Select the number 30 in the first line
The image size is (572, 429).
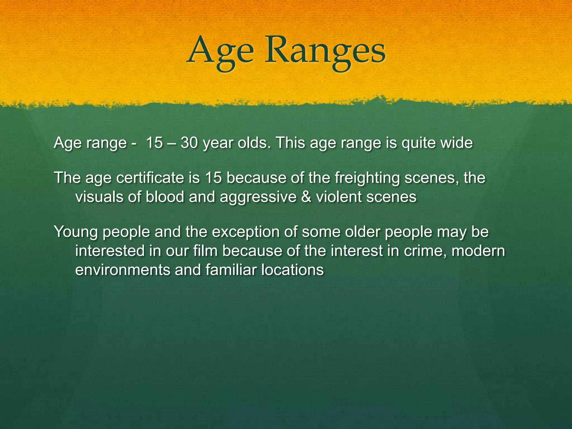(x=189, y=143)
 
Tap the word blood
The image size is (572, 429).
(x=165, y=197)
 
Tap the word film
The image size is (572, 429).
(x=205, y=251)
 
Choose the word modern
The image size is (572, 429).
(x=478, y=251)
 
